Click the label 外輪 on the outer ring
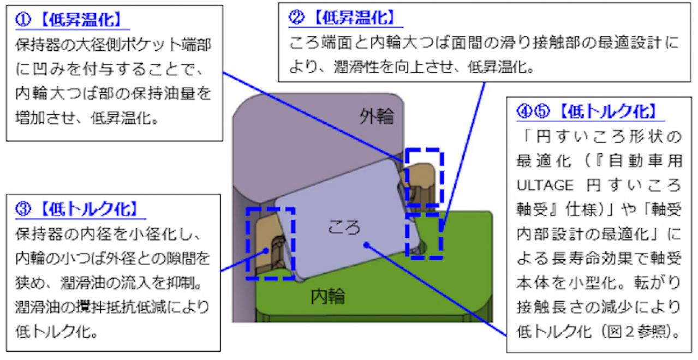point(377,117)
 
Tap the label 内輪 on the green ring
point(328,296)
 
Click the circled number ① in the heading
point(23,20)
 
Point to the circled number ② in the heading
point(296,17)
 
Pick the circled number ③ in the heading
point(23,209)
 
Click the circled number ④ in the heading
point(524,111)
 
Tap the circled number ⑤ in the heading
point(542,111)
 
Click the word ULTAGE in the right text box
point(545,185)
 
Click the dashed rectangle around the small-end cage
point(247,243)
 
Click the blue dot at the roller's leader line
point(367,245)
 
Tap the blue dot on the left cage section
point(266,250)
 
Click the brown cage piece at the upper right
point(421,184)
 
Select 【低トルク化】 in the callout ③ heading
point(89,209)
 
